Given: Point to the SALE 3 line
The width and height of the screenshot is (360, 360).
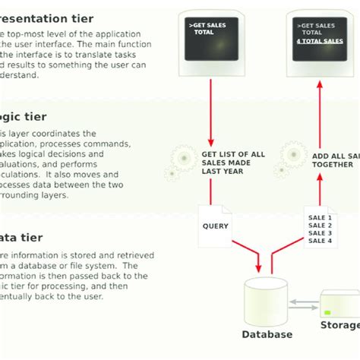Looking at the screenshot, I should (x=319, y=232).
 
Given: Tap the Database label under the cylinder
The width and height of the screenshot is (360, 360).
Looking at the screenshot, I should (x=267, y=333).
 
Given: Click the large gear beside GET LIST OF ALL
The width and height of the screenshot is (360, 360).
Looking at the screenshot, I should (x=185, y=159).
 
